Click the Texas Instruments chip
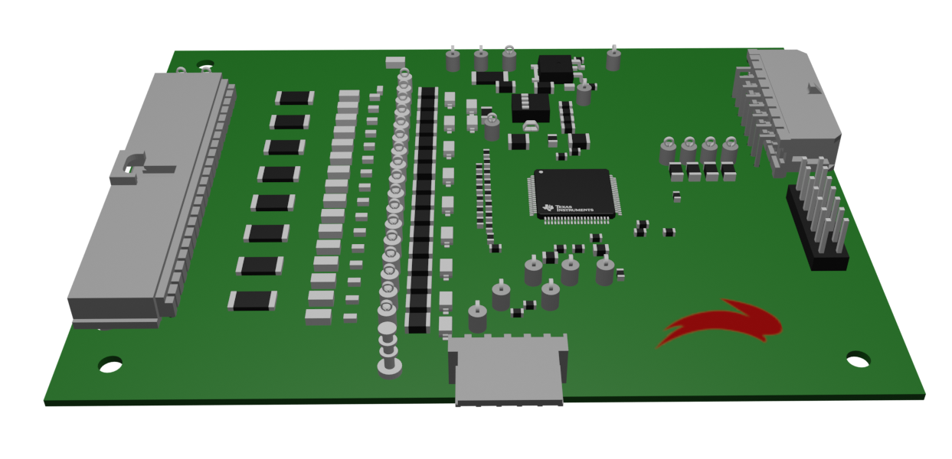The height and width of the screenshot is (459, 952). coord(574,196)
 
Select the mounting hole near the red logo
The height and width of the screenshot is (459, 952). coord(858,360)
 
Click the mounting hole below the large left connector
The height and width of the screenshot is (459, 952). coord(110,364)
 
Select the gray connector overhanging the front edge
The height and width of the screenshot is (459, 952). coord(509,369)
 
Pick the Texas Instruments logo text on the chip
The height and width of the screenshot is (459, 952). coord(568,208)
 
